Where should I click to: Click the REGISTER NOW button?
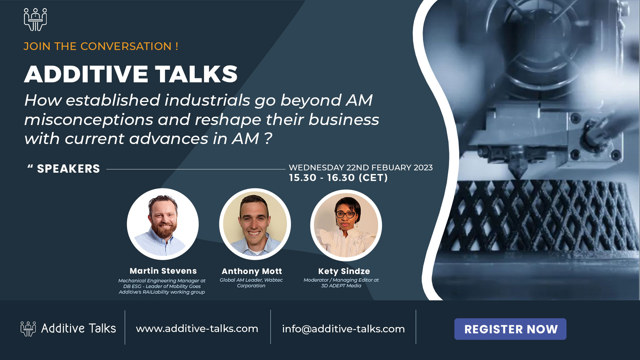[x=510, y=329]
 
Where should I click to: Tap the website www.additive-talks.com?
[x=197, y=329]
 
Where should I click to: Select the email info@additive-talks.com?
[x=343, y=329]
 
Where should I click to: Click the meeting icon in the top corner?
[x=35, y=20]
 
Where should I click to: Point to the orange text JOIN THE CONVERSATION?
[x=101, y=46]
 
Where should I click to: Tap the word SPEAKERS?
[x=68, y=169]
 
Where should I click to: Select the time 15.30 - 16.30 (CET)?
[x=338, y=178]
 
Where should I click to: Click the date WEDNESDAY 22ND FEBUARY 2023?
[x=361, y=168]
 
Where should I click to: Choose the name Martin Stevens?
[x=163, y=271]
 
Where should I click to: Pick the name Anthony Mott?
[x=252, y=271]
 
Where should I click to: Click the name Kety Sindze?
[x=344, y=271]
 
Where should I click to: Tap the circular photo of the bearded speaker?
[x=163, y=224]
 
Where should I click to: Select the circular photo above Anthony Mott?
[x=255, y=224]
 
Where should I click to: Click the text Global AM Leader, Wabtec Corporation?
[x=251, y=283]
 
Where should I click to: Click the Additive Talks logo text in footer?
[x=78, y=329]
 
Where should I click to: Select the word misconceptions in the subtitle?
[x=89, y=120]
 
